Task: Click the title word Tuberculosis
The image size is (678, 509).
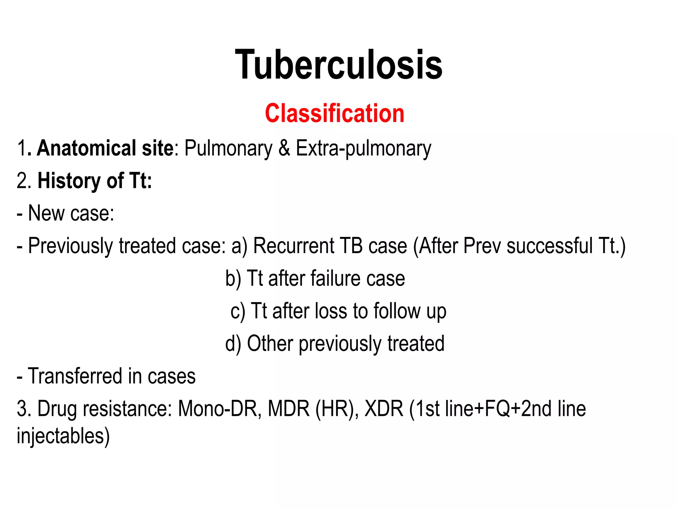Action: point(339,65)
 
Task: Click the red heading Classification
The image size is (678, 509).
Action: point(334,113)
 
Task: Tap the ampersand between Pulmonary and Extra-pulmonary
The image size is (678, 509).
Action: point(284,148)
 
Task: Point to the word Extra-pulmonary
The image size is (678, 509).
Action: point(363,149)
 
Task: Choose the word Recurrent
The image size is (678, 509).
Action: point(293,246)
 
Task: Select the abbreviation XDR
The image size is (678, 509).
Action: point(384,409)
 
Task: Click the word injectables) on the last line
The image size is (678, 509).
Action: point(63,436)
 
